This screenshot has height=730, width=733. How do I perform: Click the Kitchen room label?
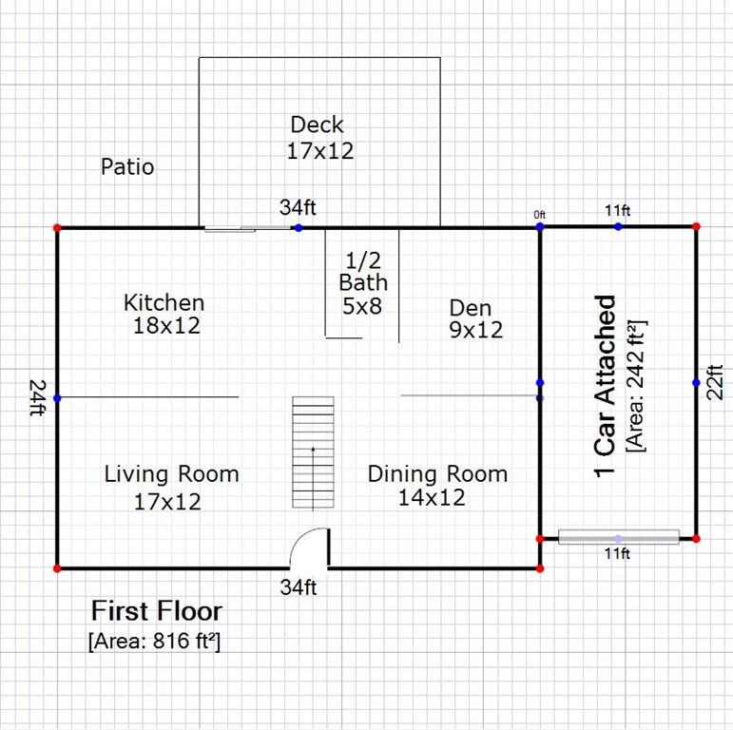164,303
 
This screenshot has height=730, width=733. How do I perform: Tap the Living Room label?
171,473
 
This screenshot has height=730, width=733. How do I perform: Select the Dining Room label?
437,473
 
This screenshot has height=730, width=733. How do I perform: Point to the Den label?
471,307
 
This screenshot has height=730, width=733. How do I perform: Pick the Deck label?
317,125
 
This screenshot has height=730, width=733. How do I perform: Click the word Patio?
127,167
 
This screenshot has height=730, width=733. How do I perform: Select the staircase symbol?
313,453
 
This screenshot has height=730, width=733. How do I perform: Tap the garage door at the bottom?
618,537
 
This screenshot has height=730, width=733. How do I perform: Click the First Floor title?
156,610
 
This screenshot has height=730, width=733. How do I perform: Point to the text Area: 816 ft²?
154,641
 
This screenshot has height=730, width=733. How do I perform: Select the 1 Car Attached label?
605,387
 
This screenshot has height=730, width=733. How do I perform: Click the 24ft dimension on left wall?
37,397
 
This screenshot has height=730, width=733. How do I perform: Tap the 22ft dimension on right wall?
717,382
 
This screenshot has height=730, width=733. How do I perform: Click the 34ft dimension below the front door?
298,587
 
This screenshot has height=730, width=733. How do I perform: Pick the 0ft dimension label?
539,215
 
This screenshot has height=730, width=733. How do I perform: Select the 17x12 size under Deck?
319,150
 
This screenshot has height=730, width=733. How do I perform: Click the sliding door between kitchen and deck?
245,227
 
